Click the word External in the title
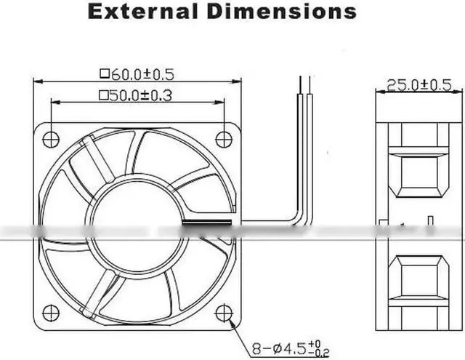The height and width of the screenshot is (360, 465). click(142, 12)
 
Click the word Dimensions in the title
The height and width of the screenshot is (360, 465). click(282, 12)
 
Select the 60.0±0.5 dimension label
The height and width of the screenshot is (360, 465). click(142, 74)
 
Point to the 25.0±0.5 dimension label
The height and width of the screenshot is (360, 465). click(419, 85)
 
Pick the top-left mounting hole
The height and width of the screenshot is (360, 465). click(51, 139)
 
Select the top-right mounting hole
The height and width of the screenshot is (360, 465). click(224, 139)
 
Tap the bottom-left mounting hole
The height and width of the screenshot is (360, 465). click(51, 313)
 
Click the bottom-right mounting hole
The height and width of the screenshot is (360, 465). click(224, 313)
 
